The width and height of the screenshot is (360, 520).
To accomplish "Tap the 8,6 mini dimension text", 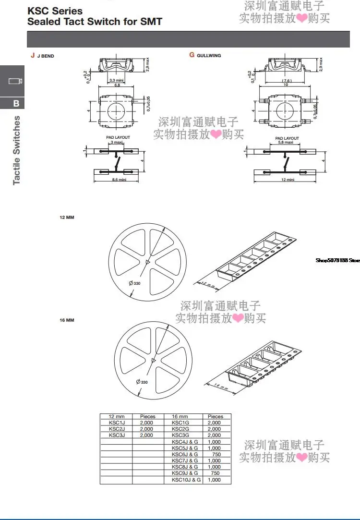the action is pyautogui.click(x=116, y=180).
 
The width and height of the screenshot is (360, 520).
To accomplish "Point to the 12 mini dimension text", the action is pyautogui.click(x=288, y=180).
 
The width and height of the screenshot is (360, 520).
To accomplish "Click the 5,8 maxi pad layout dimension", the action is pyautogui.click(x=287, y=143).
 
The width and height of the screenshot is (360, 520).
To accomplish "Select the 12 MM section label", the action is pyautogui.click(x=67, y=218).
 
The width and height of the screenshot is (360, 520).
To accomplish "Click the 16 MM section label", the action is pyautogui.click(x=67, y=320).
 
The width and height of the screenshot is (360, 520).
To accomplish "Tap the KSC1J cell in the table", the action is pyautogui.click(x=116, y=423).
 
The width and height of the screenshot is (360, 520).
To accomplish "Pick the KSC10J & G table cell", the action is pyautogui.click(x=186, y=480).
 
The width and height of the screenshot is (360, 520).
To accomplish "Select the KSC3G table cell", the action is pyautogui.click(x=180, y=435).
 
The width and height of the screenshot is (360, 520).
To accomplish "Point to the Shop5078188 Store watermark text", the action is pyautogui.click(x=337, y=260).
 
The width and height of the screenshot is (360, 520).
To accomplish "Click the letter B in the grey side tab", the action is pyautogui.click(x=16, y=103).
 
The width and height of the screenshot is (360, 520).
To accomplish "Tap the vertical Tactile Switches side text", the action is pyautogui.click(x=17, y=150).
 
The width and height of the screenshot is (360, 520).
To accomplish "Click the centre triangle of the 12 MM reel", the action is pyautogui.click(x=147, y=262).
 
